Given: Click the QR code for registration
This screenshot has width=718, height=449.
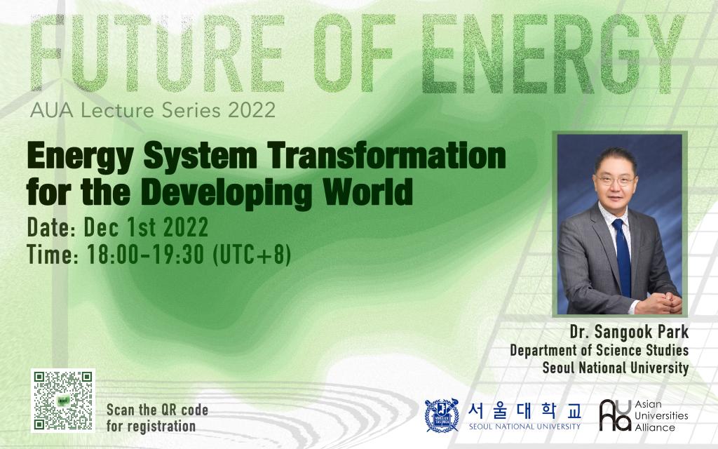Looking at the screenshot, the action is pos(62,401).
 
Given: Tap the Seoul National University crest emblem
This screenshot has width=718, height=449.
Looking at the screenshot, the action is pos(442,415).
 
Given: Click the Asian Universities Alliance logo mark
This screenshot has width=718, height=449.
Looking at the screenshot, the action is pos(615,415).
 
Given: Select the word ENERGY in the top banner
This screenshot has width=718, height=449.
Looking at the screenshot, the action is pos(553,53).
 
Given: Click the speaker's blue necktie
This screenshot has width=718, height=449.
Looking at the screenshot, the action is pos(623,257).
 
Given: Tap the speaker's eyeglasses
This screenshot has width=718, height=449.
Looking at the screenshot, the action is pos(616,180).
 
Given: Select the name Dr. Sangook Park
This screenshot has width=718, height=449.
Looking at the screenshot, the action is pos(629,332).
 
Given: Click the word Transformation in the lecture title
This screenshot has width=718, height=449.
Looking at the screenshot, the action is pos(387,156).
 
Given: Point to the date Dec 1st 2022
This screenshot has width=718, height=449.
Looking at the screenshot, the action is pos(146,227).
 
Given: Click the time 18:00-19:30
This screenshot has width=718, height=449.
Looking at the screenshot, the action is pos(146,255).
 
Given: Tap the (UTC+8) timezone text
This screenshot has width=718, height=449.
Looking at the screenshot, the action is pos(252,255).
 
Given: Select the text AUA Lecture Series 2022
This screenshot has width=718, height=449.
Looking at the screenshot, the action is pos(152,110).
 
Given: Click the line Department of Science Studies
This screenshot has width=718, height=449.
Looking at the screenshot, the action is pos(600,351).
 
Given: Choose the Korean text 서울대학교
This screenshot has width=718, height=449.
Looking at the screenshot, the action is pos(524,410).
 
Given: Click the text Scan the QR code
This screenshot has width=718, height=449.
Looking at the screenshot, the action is pos(158,410).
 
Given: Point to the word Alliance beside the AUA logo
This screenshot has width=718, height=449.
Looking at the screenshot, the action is pos(655,427).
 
